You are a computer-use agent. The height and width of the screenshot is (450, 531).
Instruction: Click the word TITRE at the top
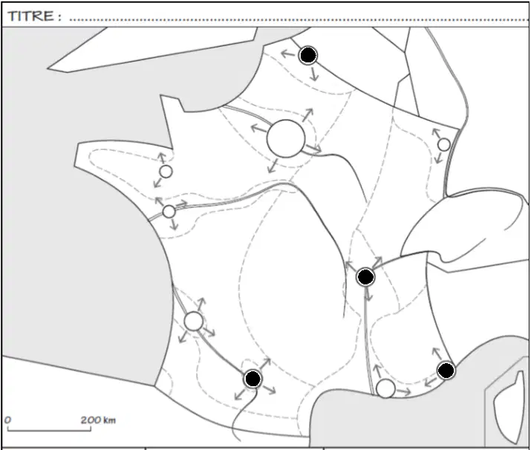point(30,16)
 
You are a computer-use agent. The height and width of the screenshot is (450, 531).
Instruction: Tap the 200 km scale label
point(98,420)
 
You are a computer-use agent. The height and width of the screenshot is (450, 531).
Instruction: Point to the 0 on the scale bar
point(7,420)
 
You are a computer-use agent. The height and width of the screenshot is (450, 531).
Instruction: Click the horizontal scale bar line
point(49,431)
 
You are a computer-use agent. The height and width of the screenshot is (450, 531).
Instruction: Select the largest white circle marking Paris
point(286,138)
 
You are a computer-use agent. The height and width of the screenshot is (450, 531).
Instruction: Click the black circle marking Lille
point(307,55)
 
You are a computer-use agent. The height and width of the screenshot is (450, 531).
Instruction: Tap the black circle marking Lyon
point(365,277)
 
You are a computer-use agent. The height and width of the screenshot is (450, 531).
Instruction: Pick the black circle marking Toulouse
point(253,379)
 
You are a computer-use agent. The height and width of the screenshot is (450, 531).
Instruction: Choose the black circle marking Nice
point(446,371)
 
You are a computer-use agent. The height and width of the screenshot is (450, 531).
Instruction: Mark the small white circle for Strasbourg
point(444,145)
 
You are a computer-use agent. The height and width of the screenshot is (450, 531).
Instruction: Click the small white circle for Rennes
point(166,172)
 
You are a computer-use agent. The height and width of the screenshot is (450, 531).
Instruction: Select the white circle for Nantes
point(169,212)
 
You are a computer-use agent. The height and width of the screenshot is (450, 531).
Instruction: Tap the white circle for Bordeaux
point(193,322)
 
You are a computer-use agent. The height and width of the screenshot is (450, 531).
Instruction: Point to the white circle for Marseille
point(385,388)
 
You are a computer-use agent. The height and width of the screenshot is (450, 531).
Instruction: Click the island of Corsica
point(506,406)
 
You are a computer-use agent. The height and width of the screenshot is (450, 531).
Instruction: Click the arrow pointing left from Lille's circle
point(288,53)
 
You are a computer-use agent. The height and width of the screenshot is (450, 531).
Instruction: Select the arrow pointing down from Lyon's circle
point(368,295)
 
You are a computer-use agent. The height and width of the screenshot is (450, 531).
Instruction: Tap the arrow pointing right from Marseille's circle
point(404,392)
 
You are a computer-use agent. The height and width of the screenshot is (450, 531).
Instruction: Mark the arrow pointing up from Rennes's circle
point(162,158)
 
